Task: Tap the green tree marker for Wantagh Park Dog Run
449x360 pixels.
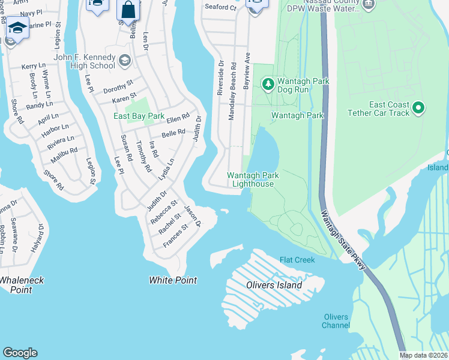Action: click(267, 82)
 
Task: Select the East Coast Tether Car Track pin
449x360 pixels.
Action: click(419, 108)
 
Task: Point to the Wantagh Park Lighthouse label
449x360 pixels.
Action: click(250, 179)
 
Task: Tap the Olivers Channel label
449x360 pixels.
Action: click(336, 321)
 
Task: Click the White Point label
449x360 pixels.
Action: click(173, 280)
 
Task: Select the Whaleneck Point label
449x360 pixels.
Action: click(16, 285)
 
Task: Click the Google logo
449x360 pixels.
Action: click(20, 353)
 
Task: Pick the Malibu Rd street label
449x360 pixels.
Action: click(65, 151)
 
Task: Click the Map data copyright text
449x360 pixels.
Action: click(423, 355)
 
